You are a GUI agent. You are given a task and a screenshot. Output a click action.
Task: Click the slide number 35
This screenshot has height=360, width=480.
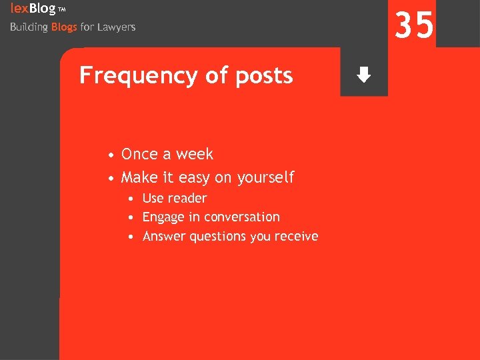pos(414,26)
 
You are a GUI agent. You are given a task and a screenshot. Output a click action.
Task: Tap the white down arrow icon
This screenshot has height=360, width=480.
pos(363,75)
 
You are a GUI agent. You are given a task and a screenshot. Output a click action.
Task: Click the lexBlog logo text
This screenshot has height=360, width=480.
pos(33,9)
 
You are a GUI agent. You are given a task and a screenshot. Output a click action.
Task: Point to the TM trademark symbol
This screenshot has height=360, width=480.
pos(62,9)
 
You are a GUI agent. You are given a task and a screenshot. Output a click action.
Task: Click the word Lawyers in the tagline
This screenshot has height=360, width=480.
pos(117,27)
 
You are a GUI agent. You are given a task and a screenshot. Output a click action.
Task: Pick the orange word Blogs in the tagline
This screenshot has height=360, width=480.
pos(64,27)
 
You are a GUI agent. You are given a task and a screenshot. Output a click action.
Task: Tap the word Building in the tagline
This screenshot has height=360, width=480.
pos(29,27)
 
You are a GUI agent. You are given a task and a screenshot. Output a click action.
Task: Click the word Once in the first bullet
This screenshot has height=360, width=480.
pos(139,154)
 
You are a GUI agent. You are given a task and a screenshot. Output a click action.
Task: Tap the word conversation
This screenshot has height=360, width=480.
pos(242,217)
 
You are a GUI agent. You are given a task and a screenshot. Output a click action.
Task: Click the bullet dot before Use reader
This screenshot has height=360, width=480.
pos(134,199)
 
